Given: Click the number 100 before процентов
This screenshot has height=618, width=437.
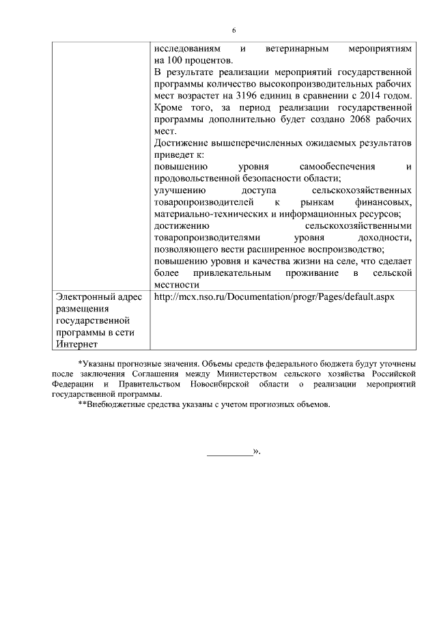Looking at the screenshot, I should (175, 60).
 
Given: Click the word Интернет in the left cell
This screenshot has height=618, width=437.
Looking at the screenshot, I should (77, 344).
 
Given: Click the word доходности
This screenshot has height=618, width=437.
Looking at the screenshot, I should (384, 238).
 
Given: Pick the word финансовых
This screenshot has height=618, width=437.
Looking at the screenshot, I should (384, 202).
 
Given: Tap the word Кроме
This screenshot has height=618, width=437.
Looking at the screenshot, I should (168, 109).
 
